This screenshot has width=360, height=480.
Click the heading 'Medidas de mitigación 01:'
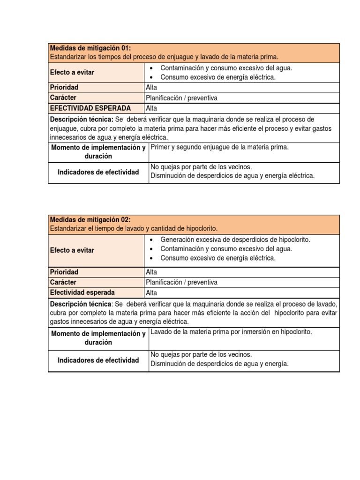[90, 48]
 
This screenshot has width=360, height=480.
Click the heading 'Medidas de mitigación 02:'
[90, 220]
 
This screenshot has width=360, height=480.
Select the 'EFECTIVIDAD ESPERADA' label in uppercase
[90, 108]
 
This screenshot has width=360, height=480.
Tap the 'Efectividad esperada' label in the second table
[82, 292]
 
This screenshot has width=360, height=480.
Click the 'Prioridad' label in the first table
[64, 88]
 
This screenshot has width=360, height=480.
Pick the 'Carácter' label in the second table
[63, 282]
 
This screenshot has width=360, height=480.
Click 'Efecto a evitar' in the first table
[72, 72]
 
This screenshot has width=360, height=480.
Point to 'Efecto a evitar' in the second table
[72, 250]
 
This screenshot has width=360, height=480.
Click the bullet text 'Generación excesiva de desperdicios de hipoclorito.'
[235, 240]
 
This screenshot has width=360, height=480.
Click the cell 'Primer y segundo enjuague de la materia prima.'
[219, 147]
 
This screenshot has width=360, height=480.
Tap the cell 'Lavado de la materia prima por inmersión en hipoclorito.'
[231, 332]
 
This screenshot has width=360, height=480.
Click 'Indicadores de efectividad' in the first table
[98, 172]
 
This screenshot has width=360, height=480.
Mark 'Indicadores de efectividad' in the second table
[98, 360]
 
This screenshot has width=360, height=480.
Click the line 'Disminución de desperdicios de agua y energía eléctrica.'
[232, 176]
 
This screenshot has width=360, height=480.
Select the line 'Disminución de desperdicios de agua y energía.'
[219, 364]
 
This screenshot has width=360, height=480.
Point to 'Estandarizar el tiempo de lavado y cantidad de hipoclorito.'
[134, 229]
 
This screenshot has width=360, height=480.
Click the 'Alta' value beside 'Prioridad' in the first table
[152, 88]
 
